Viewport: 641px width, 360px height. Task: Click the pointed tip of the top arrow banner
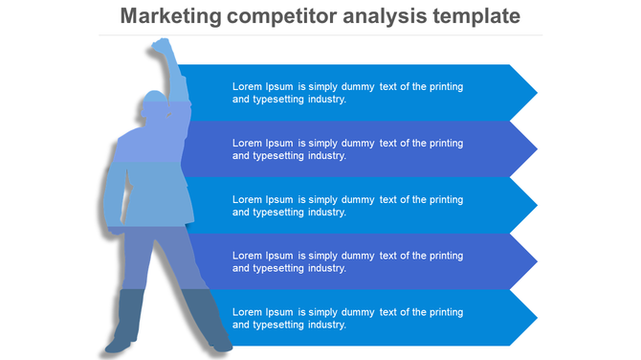click(x=536, y=92)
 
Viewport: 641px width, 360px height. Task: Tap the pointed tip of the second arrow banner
click(x=536, y=148)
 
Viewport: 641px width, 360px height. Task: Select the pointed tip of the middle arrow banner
click(x=536, y=205)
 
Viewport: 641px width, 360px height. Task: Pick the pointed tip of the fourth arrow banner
click(x=536, y=261)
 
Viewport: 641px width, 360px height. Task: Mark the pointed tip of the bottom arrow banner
click(x=536, y=318)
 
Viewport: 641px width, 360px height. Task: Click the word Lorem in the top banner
click(x=247, y=86)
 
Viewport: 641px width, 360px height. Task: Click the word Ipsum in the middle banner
click(x=279, y=199)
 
